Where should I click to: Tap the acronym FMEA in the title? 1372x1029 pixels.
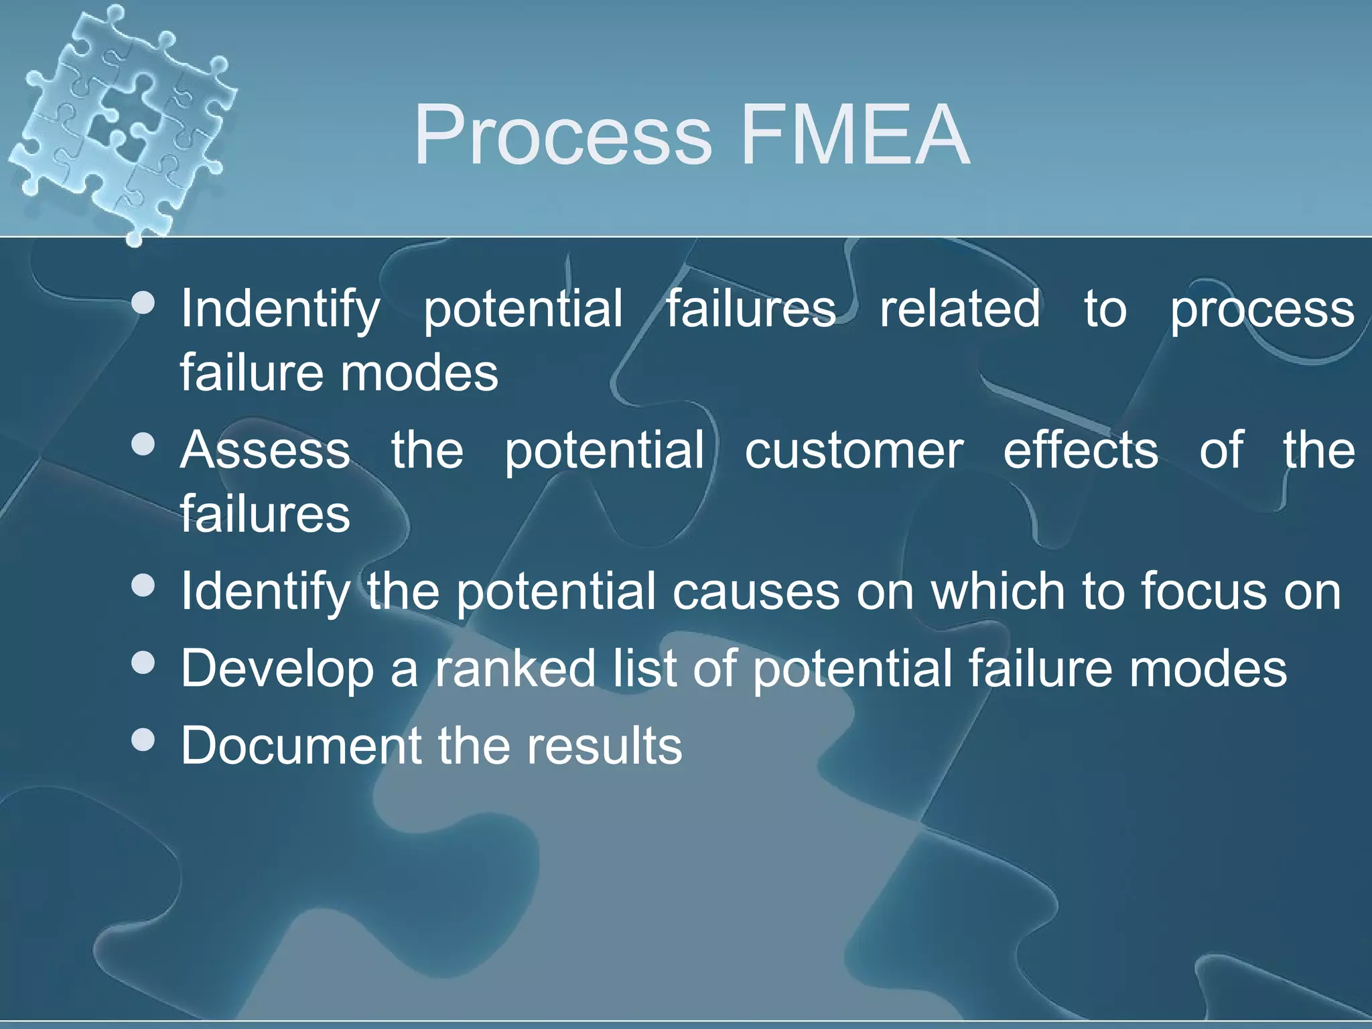855,135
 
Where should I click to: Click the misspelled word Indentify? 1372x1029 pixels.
280,310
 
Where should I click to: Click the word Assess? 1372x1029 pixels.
265,450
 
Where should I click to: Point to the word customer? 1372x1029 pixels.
853,450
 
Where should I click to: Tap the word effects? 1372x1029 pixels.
1080,450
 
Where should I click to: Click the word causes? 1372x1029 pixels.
756,592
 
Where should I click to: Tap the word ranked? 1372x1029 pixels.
515,669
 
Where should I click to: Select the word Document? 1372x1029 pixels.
301,746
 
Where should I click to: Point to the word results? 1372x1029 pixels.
604,746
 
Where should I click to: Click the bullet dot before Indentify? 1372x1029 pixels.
143,303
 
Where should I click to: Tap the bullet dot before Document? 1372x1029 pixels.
143,740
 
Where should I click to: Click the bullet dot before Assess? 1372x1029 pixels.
143,444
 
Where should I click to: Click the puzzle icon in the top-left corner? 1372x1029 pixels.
121,121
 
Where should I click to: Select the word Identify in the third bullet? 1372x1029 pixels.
265,593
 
